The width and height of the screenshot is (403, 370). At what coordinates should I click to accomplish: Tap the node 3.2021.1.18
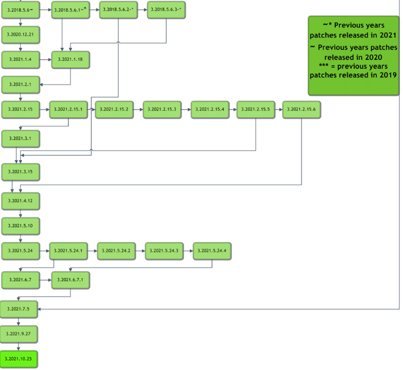[70, 60]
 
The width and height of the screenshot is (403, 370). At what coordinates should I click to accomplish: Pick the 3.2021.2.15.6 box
[301, 110]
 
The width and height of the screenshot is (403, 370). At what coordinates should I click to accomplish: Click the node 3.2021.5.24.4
[212, 250]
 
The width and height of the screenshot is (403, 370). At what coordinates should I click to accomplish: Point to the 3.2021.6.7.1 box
[70, 279]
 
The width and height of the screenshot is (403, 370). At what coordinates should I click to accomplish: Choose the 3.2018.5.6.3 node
[166, 10]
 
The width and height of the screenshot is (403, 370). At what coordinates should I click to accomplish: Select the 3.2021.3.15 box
[21, 170]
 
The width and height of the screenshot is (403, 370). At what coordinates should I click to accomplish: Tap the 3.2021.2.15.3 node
[162, 110]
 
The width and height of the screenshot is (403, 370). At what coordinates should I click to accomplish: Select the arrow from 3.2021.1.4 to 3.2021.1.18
[45, 60]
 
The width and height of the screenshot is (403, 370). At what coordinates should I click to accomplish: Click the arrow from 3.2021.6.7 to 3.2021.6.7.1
[45, 279]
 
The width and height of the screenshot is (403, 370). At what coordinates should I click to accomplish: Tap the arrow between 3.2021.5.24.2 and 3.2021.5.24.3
[139, 250]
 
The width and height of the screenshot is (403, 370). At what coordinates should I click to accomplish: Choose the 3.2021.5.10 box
[21, 226]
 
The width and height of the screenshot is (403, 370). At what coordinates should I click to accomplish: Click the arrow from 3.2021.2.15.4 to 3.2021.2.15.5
[232, 110]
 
